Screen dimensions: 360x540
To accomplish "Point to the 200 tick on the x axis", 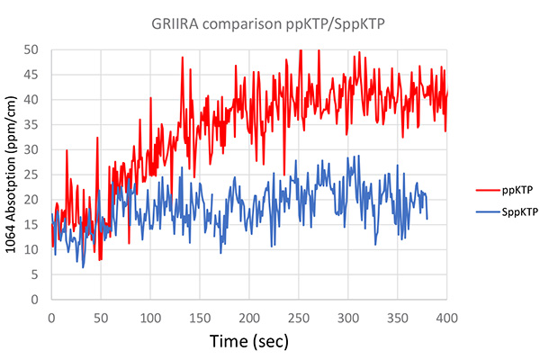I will (x=249, y=317).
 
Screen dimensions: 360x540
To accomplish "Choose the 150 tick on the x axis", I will (x=200, y=317).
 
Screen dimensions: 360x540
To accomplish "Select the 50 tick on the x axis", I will (x=101, y=317).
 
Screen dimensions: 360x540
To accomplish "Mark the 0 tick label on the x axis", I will (x=51, y=317).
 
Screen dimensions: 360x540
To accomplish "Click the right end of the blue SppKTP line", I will (x=427, y=219).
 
